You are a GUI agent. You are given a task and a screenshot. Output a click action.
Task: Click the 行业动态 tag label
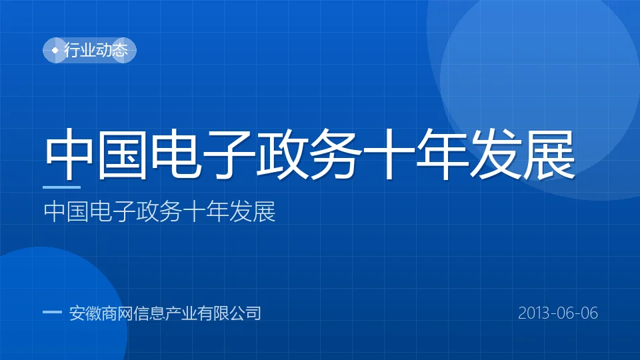click(96, 50)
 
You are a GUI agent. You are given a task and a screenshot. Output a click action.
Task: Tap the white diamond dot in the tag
click(55, 50)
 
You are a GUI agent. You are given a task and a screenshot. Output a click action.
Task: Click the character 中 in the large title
click(68, 154)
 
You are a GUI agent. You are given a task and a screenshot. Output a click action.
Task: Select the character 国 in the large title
click(121, 154)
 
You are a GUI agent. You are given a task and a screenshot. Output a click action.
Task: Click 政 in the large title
click(282, 154)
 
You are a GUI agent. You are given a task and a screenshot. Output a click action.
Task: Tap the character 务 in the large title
click(335, 154)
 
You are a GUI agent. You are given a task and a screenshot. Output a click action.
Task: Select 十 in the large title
click(388, 154)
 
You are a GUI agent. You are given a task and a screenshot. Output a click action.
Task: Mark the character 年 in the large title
click(441, 154)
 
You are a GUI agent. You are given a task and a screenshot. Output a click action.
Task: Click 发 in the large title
click(495, 154)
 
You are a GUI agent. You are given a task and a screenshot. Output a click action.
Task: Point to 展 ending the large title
click(548, 154)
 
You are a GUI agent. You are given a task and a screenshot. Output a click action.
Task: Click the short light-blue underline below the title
click(61, 187)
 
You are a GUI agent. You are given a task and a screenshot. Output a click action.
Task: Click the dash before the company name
click(52, 312)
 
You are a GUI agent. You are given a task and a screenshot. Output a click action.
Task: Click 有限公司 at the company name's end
click(229, 313)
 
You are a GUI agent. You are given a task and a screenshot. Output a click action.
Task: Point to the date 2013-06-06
click(558, 313)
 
